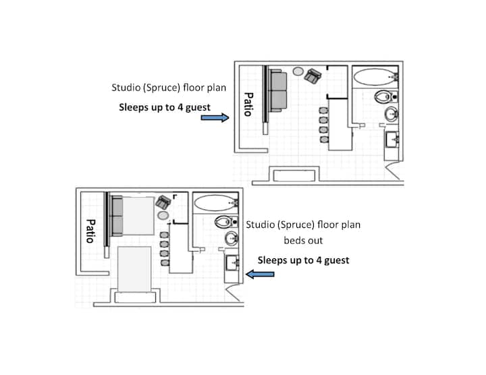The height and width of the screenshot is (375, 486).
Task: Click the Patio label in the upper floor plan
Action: tap(248, 105)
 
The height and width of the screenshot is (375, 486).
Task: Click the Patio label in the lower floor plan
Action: tap(90, 231)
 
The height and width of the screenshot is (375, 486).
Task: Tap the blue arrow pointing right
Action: tap(215, 117)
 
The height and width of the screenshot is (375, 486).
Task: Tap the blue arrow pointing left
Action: tap(260, 274)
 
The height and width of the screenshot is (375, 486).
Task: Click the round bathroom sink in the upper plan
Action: tap(391, 114)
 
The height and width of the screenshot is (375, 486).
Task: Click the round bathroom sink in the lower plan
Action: tap(232, 239)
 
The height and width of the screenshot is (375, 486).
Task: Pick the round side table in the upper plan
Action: tap(298, 71)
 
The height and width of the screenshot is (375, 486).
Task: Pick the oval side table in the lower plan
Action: tap(163, 215)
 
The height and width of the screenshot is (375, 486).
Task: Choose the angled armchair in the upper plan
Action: tap(313, 76)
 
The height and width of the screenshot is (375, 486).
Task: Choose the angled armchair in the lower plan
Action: tap(163, 202)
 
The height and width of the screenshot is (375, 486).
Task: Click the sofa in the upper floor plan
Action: tap(277, 90)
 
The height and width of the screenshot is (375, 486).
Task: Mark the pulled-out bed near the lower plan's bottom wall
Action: tap(134, 269)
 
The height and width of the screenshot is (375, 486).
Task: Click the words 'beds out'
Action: tap(303, 240)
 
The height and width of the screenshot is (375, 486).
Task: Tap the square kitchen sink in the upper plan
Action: tap(391, 140)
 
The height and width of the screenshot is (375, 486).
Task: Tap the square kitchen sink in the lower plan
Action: tap(232, 263)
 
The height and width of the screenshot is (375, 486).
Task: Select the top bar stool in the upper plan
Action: tap(323, 111)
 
